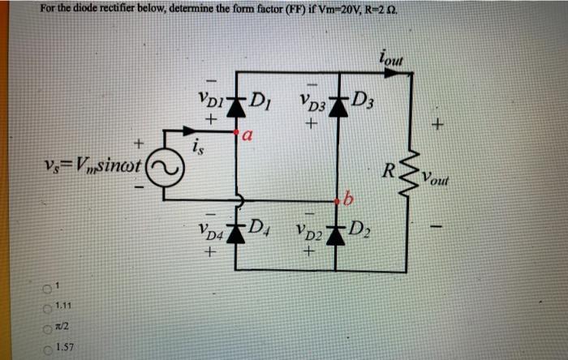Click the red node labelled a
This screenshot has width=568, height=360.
pos(236,130)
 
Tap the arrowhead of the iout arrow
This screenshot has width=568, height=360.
pos(397,72)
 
